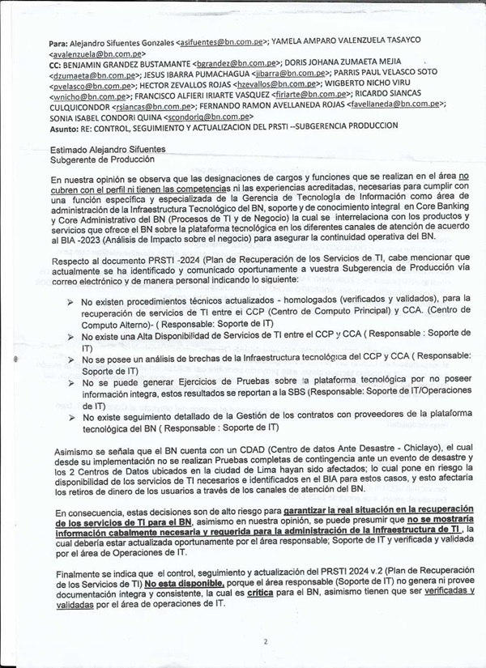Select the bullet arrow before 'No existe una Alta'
click(70, 334)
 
